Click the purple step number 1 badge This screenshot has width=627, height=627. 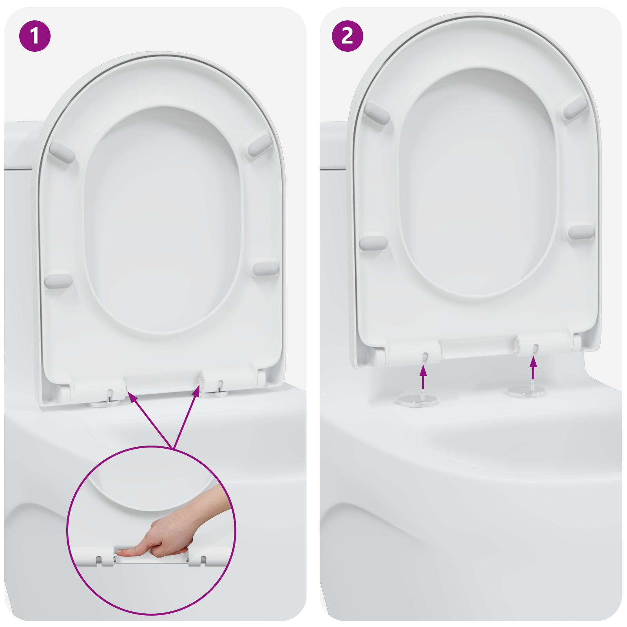tap(35, 36)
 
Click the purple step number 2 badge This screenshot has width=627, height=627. tap(348, 36)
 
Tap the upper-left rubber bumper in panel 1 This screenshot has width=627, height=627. tap(62, 152)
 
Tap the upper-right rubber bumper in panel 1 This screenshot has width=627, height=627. tap(259, 145)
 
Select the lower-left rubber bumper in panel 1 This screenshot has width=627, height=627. tap(58, 281)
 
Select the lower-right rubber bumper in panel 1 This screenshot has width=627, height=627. tap(265, 268)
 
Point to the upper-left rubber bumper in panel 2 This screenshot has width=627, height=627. tap(376, 114)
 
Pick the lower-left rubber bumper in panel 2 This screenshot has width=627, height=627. tap(373, 243)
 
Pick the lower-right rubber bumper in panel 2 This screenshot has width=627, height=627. tap(581, 232)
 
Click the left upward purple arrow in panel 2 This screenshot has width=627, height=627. tap(423, 377)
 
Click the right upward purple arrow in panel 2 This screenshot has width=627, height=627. tap(533, 368)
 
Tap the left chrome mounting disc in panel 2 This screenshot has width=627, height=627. tap(418, 400)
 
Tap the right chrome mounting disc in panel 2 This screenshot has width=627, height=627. tap(527, 391)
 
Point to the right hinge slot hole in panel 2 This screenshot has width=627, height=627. tap(535, 347)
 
